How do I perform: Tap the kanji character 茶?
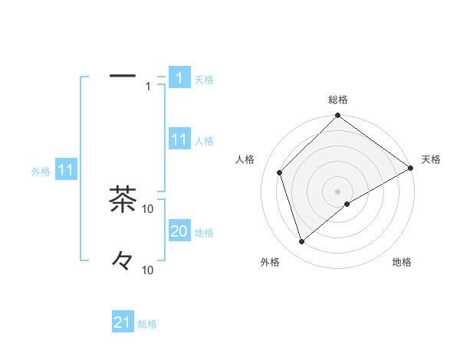[x=123, y=199]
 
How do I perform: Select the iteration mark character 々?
[x=123, y=260]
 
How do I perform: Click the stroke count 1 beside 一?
[x=148, y=87]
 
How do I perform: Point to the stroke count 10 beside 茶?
[x=148, y=208]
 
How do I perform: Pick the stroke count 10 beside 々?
[x=148, y=270]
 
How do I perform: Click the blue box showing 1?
[x=179, y=78]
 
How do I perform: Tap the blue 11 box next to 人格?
[x=179, y=139]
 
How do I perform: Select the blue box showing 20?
[x=179, y=231]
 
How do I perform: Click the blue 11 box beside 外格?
[x=65, y=171]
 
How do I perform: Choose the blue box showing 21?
[x=123, y=322]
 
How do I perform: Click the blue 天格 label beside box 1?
[x=204, y=79]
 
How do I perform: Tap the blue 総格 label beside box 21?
[x=147, y=324]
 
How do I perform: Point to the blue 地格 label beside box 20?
[x=204, y=233]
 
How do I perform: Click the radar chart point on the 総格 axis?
[x=338, y=116]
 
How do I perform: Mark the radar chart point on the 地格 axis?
[x=347, y=204]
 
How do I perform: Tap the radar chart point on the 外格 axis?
[x=302, y=242]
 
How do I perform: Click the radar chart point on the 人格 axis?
[x=280, y=172]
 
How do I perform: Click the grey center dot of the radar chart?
[x=338, y=191]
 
